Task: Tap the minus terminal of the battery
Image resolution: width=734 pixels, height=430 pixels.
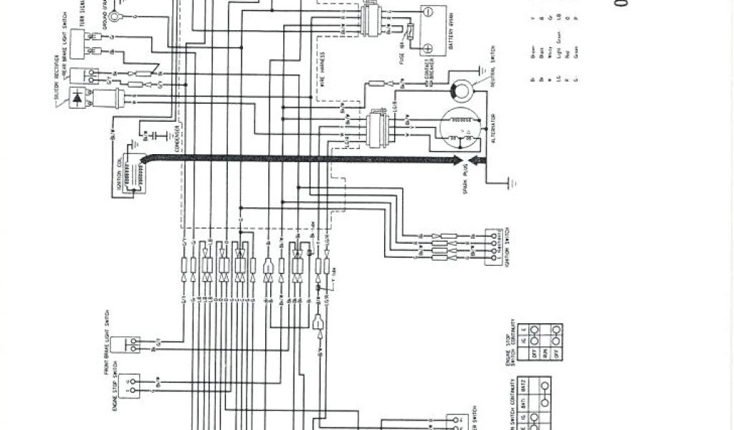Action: click(427, 12)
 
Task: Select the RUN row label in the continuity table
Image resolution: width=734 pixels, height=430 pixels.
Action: click(528, 351)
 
